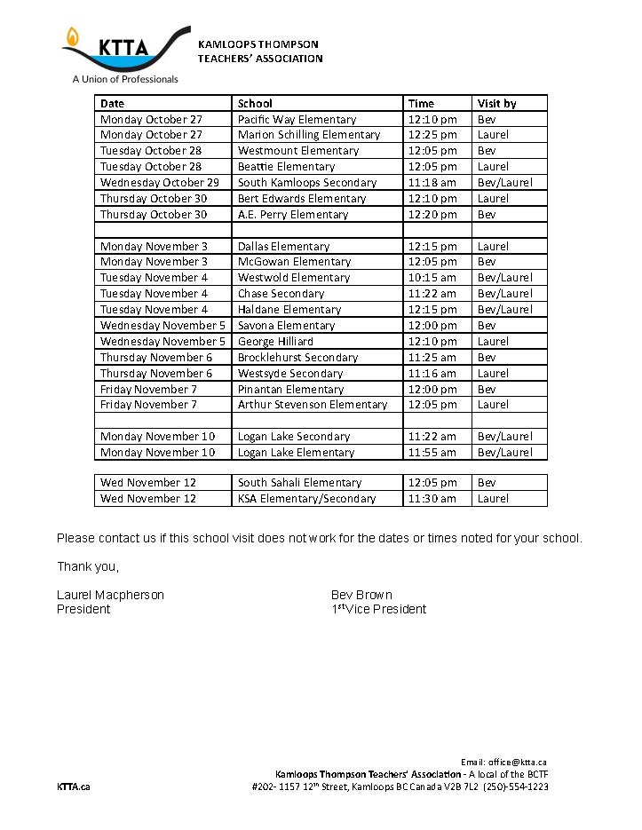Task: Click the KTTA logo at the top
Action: pos(124,53)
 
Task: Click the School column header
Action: pos(255,104)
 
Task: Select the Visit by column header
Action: pos(496,104)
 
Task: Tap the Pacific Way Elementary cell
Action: pos(297,120)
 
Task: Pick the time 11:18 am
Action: pos(432,183)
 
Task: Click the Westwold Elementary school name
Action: pos(293,278)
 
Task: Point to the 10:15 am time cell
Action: pos(432,278)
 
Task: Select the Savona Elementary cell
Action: pos(286,326)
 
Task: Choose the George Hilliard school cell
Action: pos(275,342)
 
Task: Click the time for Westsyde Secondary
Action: pos(432,374)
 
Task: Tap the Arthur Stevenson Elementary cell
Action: pos(313,405)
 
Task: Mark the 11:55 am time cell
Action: pos(432,453)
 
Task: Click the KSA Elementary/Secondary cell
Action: pos(306,499)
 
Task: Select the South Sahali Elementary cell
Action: pos(299,483)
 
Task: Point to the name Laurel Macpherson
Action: pos(110,595)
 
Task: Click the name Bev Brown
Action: pos(361,595)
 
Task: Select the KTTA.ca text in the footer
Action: pos(73,787)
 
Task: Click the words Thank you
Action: pos(87,566)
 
